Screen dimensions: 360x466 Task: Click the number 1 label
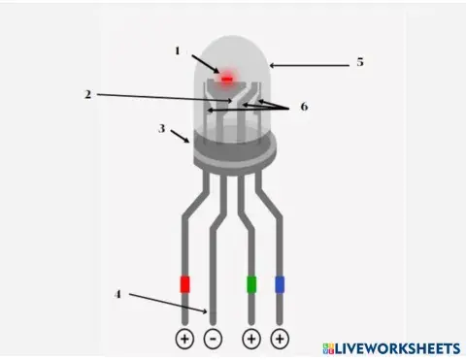point(178,49)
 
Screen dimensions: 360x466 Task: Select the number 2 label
point(86,94)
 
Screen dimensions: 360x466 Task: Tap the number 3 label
point(163,127)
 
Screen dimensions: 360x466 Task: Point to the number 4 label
point(117,293)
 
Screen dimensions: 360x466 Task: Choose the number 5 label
point(359,62)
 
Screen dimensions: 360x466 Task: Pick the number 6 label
point(303,107)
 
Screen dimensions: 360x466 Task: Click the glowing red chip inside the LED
point(228,78)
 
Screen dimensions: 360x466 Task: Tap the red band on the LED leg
point(184,284)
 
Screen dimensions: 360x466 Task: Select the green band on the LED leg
point(251,284)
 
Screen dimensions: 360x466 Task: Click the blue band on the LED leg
point(280,284)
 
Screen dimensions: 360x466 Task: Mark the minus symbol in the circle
point(214,339)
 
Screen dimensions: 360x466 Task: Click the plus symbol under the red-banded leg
point(184,339)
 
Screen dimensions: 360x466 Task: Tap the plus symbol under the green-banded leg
point(251,339)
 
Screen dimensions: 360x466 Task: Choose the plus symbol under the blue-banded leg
point(280,339)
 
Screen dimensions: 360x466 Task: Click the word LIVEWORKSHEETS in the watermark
point(398,347)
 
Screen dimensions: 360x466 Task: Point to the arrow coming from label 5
point(309,65)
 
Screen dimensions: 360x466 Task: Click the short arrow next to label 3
point(181,138)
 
